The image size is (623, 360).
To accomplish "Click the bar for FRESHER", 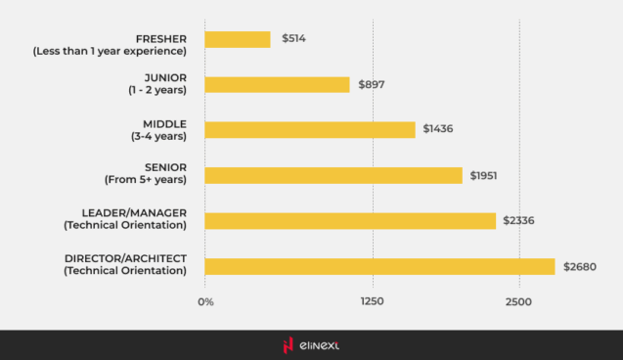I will tap(238, 39).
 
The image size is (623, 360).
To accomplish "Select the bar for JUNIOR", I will tap(277, 84).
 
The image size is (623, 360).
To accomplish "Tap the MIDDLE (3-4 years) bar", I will tap(310, 129).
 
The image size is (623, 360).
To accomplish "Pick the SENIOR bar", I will tap(334, 175).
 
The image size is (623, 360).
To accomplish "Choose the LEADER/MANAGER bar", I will tap(350, 220).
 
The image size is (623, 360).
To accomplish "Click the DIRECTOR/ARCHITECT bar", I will tap(379, 266).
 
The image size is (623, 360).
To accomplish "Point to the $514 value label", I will tap(294, 39).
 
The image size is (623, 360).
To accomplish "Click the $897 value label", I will tap(371, 85).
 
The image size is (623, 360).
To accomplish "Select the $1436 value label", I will tap(436, 129).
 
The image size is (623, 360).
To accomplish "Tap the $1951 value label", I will tap(484, 175).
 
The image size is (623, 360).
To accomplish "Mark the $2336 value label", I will tap(518, 221).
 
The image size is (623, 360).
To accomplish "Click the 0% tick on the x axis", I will tap(205, 301).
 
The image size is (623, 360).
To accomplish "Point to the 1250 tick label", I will tap(372, 301).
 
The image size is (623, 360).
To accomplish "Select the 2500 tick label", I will tap(518, 301).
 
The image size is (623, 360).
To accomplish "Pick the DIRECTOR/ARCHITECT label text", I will tap(125, 258).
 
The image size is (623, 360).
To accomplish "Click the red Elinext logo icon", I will tap(288, 344).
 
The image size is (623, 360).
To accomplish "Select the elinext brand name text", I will tap(320, 344).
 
